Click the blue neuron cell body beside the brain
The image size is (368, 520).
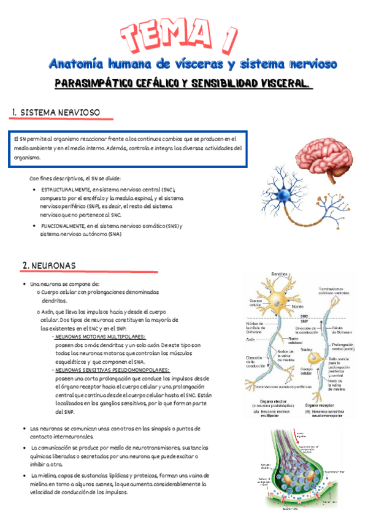pyautogui.click(x=283, y=195)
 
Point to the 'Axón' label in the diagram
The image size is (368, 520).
pyautogui.click(x=250, y=339)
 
